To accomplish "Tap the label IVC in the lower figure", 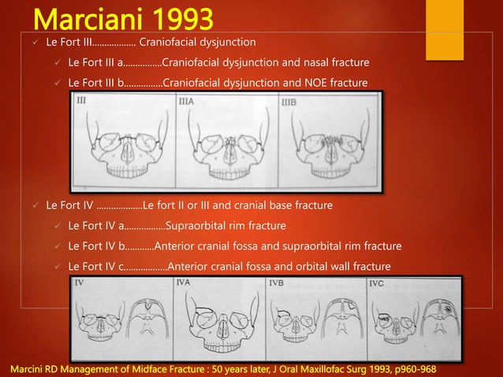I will (378, 282).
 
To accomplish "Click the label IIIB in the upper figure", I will (289, 101).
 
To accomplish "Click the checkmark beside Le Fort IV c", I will (57, 266).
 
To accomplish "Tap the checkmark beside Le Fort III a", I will (57, 62).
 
